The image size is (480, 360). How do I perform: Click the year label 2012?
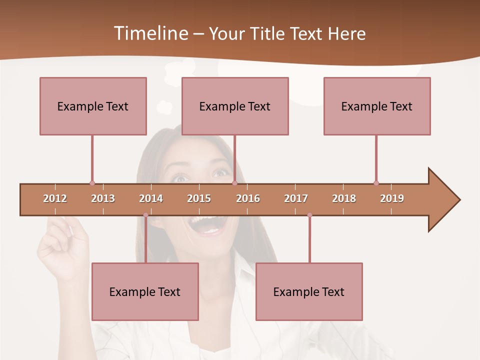point(55,198)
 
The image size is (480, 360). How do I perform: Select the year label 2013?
point(103,198)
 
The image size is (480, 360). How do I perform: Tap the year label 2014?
point(151,198)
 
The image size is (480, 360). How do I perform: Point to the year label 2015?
point(199,198)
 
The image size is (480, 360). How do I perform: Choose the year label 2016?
point(248,198)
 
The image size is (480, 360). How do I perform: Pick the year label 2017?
point(296,198)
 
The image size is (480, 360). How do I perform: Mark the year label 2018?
point(344,198)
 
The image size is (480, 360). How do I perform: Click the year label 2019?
point(392,198)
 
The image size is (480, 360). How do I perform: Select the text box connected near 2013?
point(93,106)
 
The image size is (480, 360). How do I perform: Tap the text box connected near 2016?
point(235,106)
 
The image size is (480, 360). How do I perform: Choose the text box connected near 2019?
point(377,106)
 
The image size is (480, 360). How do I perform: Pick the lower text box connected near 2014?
point(145,291)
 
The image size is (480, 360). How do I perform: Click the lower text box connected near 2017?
point(309,291)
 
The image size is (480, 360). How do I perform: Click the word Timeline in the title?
point(150,33)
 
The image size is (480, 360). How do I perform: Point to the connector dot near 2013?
point(92,183)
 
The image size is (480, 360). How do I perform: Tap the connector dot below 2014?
point(145,215)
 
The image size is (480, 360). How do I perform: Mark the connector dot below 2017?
point(309,215)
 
